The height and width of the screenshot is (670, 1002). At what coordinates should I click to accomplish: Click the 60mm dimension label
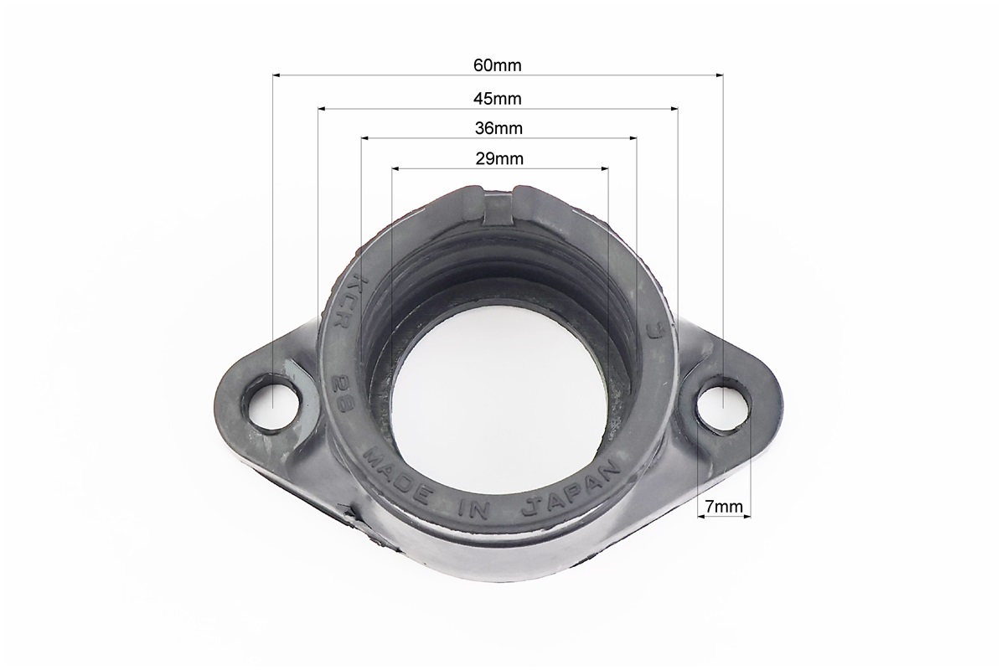coord(497,65)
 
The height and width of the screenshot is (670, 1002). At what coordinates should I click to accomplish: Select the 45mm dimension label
coord(497,99)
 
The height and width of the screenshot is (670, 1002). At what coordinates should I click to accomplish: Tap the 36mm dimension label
coord(498,128)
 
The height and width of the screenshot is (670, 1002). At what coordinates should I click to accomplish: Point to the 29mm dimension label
coord(499,158)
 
